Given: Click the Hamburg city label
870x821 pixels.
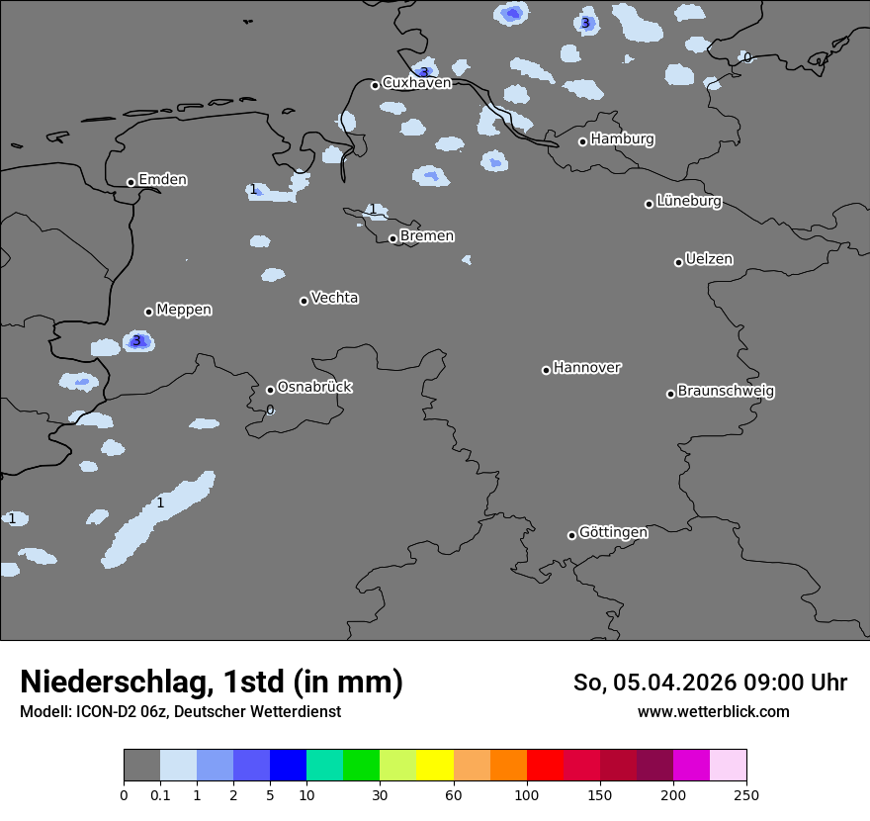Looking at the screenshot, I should point(622,139).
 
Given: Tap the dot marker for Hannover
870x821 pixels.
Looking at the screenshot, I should point(546,370).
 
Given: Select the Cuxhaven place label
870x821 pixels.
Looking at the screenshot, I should point(416,83).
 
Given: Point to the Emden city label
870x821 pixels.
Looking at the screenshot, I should point(162,180).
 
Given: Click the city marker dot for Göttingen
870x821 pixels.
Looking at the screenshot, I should point(571,535).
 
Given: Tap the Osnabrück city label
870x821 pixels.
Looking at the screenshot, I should point(314,388).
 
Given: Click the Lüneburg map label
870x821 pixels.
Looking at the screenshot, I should point(689,202).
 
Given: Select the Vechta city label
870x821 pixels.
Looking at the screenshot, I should point(334,298).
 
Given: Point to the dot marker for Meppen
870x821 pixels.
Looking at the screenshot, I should point(148,312).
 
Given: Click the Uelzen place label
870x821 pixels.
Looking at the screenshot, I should point(709,260).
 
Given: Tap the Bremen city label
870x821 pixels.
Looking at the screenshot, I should point(427,236).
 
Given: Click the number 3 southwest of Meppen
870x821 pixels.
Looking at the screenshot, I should point(136,341).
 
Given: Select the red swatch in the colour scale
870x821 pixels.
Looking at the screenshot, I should point(545,766).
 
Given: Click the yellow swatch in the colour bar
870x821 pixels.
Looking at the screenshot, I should point(435,766).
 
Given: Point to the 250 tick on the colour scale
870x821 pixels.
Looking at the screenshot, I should point(746,794).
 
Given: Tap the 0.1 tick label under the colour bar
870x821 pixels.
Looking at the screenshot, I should point(160,794).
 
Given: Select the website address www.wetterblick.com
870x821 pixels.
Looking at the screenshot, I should point(713,711).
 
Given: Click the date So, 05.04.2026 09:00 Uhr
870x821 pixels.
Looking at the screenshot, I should point(710,683).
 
